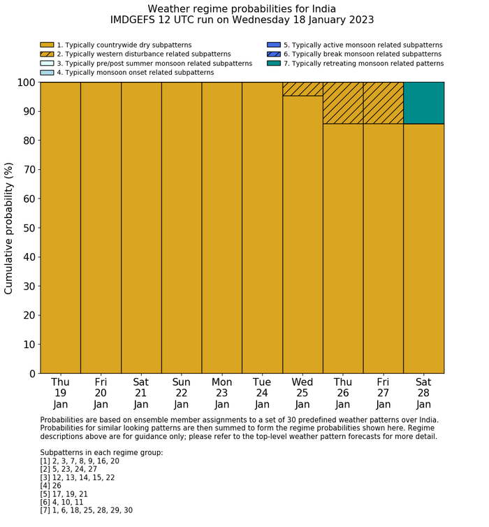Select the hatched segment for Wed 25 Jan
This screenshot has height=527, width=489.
[x=302, y=89]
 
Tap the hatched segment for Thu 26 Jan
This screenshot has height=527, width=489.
[x=343, y=103]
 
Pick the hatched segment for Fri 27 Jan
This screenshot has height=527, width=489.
[x=383, y=103]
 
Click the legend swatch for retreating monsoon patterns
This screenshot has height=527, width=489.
[x=273, y=64]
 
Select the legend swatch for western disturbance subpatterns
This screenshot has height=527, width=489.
[x=47, y=54]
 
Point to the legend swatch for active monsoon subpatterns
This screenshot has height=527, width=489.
[x=273, y=45]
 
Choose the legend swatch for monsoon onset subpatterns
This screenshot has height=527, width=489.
[x=47, y=73]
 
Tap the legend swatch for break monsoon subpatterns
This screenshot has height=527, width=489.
[x=273, y=54]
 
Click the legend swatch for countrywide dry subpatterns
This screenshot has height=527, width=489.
[x=47, y=45]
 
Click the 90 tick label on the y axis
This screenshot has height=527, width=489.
[x=27, y=112]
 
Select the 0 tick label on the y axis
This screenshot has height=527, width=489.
[x=31, y=374]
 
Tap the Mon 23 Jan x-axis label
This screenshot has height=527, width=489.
[x=222, y=393]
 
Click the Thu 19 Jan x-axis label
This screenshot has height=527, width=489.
[x=61, y=393]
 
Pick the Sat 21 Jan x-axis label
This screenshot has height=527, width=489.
[x=141, y=393]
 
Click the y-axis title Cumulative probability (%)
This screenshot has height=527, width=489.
[x=9, y=228]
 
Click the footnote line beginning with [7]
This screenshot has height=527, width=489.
[x=86, y=510]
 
